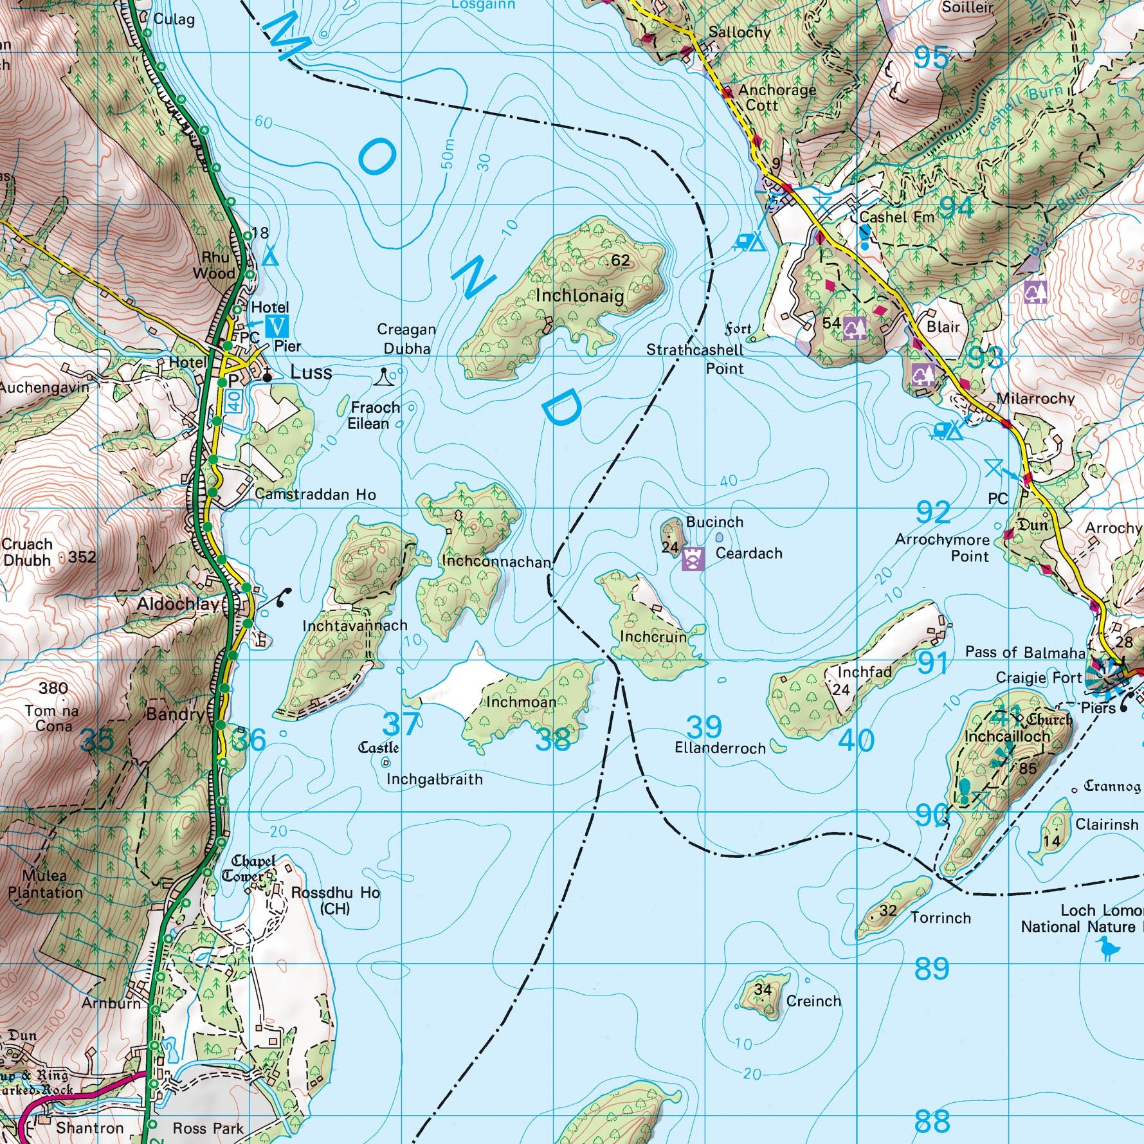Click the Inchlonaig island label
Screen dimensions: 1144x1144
579,296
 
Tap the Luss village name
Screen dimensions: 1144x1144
311,372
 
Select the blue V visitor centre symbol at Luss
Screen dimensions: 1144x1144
277,326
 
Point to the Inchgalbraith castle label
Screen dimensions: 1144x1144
379,747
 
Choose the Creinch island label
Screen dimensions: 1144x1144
813,1001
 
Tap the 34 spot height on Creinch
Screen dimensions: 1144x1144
763,989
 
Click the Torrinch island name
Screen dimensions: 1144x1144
940,918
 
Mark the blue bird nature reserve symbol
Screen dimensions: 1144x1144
1107,947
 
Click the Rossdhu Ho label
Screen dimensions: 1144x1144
335,893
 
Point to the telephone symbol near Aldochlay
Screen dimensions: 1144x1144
283,597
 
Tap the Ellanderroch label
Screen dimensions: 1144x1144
720,748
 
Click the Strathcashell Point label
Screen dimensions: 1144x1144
695,359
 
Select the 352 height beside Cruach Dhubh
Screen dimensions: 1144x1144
82,557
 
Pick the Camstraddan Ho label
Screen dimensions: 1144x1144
315,494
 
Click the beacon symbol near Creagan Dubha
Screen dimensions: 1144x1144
384,377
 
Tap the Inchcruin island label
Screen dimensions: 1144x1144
653,637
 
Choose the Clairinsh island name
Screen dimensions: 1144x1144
1107,824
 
